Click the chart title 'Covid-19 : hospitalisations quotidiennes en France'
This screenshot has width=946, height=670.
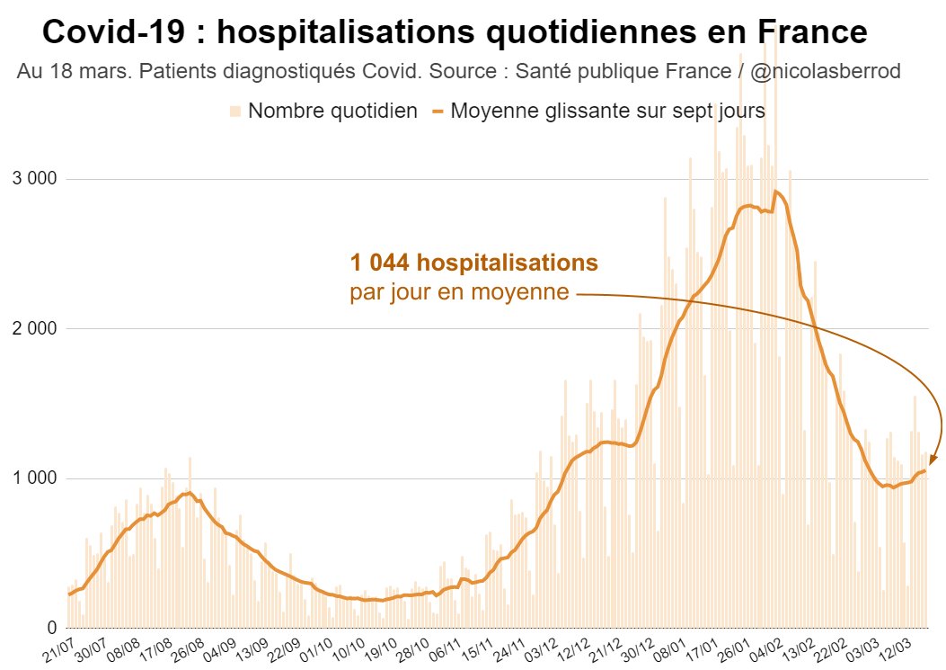[x=455, y=33]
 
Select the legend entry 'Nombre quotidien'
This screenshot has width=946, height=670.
[x=332, y=112]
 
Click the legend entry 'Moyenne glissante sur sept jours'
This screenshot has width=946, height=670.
[x=607, y=112]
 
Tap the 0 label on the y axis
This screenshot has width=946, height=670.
[x=53, y=628]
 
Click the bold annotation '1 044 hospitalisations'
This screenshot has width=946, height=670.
[x=474, y=264]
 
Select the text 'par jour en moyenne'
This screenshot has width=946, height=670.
[x=459, y=292]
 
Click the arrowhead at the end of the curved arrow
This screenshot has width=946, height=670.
[x=933, y=460]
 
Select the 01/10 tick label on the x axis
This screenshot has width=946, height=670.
[x=324, y=648]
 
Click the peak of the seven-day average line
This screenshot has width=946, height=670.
[x=775, y=191]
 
